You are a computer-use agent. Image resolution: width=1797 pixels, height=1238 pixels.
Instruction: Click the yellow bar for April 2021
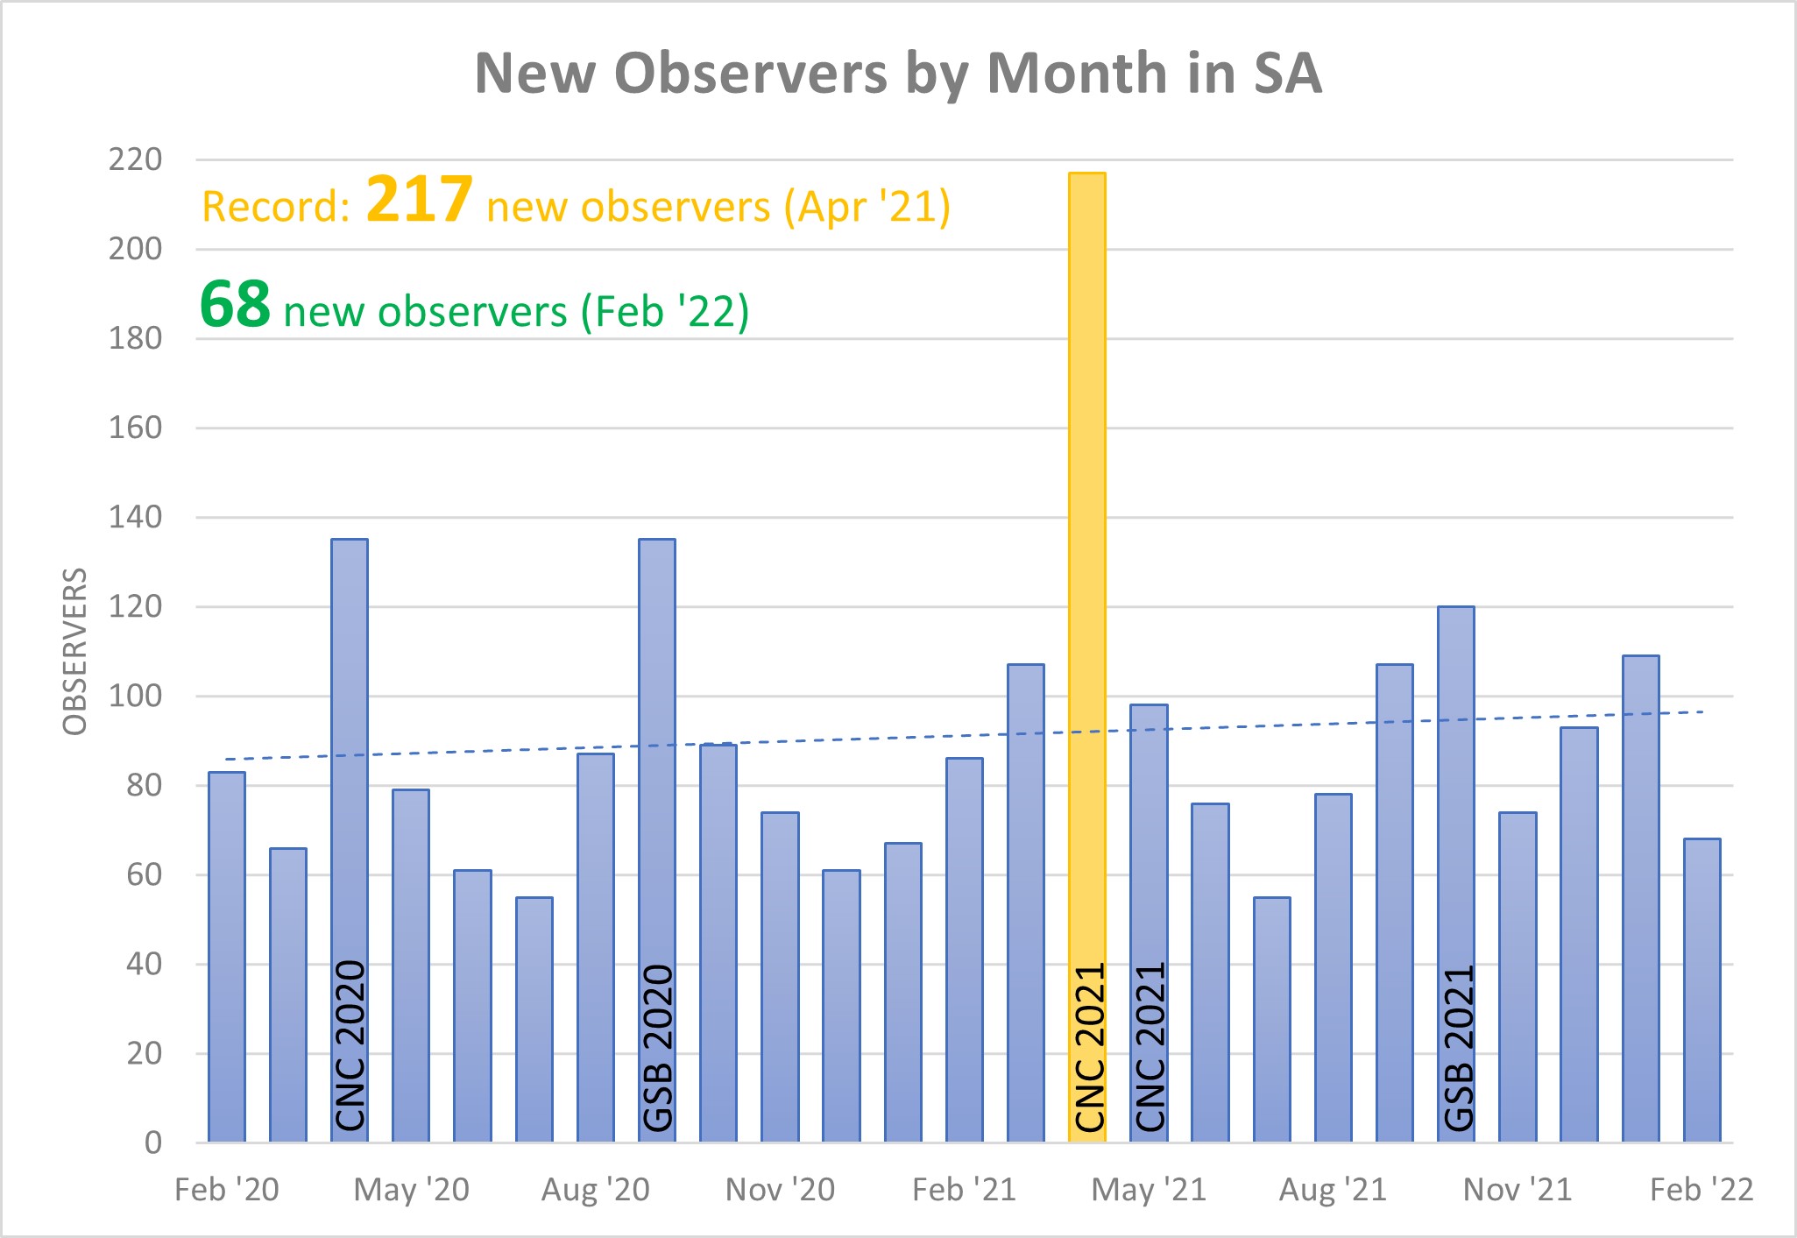(x=1086, y=657)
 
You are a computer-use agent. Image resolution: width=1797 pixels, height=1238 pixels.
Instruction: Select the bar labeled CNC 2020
(x=350, y=841)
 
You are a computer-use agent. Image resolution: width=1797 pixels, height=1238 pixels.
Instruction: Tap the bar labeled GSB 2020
(x=657, y=841)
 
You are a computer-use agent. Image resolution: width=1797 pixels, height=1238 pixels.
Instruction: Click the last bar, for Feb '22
(x=1701, y=990)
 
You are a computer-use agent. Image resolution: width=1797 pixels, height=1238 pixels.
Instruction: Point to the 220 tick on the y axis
(x=135, y=159)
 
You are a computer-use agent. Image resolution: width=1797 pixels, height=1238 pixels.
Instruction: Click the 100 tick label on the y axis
(x=135, y=697)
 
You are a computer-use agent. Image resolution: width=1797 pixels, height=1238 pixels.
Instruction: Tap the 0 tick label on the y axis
(x=152, y=1142)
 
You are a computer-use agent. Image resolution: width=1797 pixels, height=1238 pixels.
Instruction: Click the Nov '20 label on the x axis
(x=780, y=1190)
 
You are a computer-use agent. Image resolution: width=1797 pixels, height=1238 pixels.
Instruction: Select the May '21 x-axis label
(x=1149, y=1190)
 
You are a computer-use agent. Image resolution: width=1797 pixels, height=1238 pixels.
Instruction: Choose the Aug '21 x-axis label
(x=1333, y=1190)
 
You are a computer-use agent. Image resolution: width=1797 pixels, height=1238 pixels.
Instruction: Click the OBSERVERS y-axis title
(x=75, y=651)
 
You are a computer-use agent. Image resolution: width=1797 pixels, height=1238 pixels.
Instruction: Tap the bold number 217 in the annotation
(x=419, y=199)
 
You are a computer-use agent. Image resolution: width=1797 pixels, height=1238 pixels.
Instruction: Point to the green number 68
(x=235, y=304)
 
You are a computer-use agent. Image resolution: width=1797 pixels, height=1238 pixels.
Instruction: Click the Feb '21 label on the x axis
(x=964, y=1190)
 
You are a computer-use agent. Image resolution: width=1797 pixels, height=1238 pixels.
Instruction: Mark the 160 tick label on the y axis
(x=135, y=428)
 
